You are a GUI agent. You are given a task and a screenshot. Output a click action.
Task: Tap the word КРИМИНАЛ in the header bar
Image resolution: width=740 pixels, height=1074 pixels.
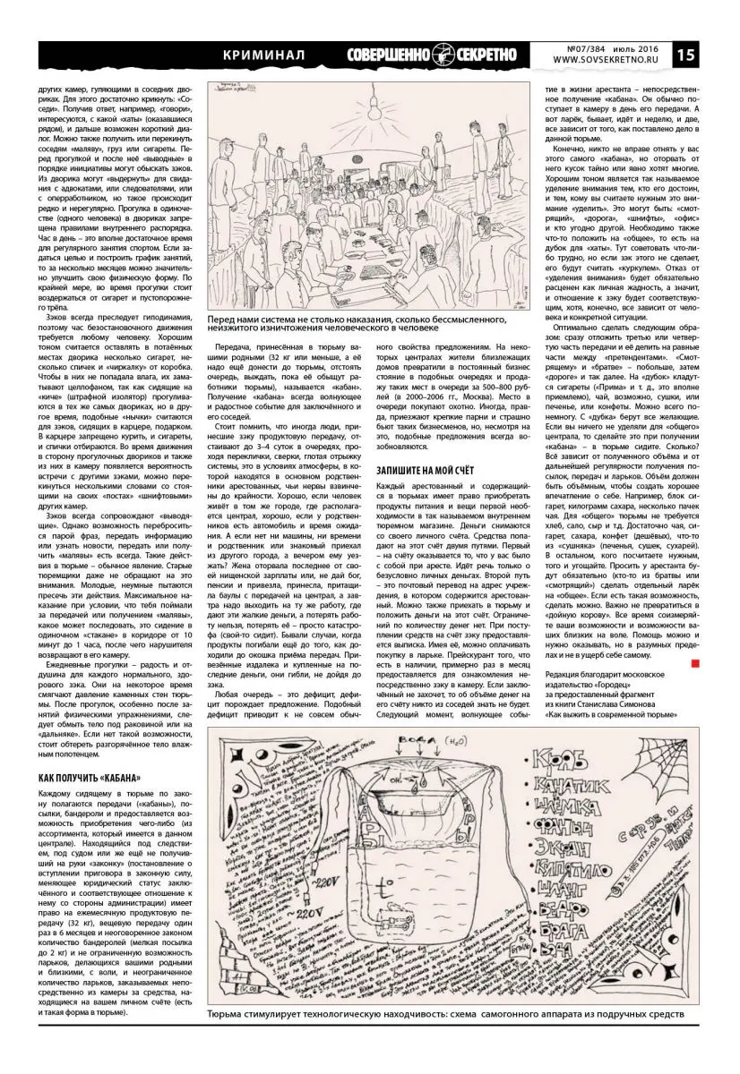263,55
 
